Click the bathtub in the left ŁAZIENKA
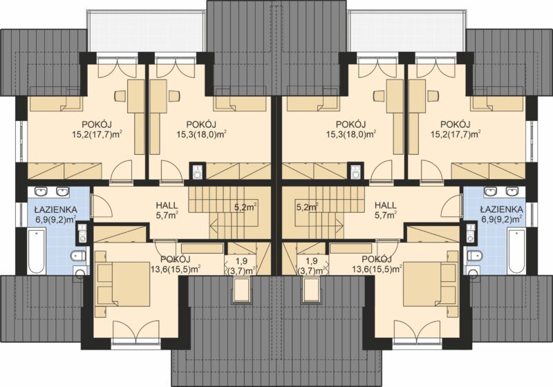(37, 252)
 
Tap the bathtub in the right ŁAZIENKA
(516, 252)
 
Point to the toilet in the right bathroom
(475, 256)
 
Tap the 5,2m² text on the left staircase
(245, 207)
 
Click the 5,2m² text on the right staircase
(308, 207)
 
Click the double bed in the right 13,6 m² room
(429, 284)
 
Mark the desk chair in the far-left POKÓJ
(120, 96)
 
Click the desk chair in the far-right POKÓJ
(433, 96)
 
